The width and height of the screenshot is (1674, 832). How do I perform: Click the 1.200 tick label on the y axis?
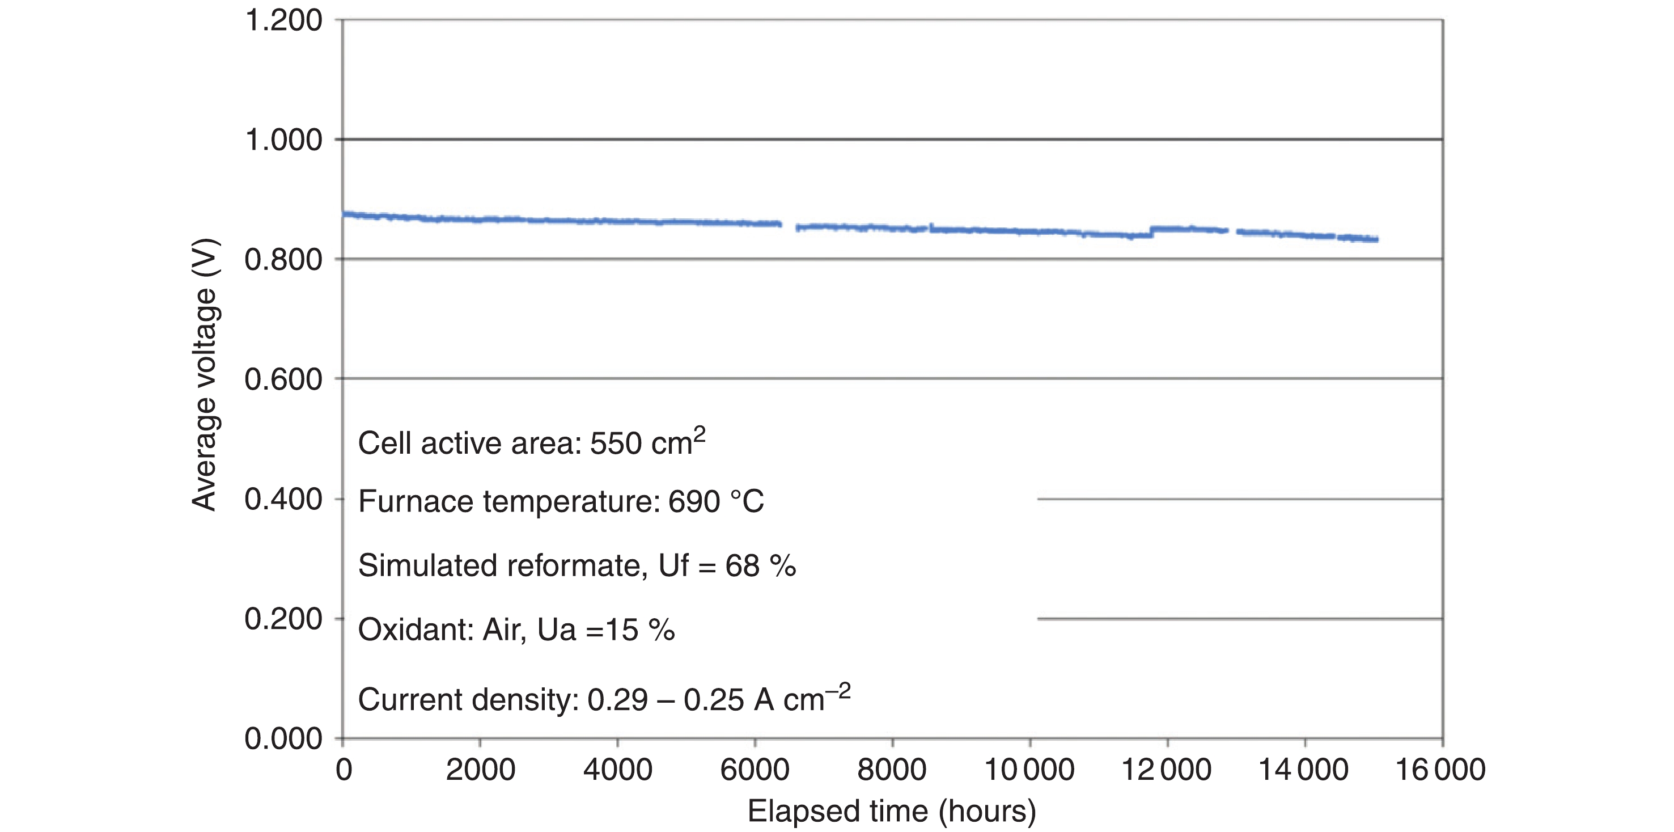pyautogui.click(x=283, y=21)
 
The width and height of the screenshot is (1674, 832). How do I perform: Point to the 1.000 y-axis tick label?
pyautogui.click(x=283, y=140)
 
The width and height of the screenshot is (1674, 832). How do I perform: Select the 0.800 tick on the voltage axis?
pyautogui.click(x=283, y=260)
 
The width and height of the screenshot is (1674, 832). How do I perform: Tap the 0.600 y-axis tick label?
pyautogui.click(x=283, y=379)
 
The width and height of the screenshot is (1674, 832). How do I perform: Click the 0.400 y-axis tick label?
pyautogui.click(x=283, y=499)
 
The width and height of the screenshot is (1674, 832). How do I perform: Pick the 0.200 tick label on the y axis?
pyautogui.click(x=283, y=619)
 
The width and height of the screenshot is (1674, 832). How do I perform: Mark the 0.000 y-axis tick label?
pyautogui.click(x=283, y=739)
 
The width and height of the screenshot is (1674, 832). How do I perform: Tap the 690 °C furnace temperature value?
pyautogui.click(x=716, y=502)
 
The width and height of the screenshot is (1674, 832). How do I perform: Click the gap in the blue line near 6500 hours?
pyautogui.click(x=789, y=226)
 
